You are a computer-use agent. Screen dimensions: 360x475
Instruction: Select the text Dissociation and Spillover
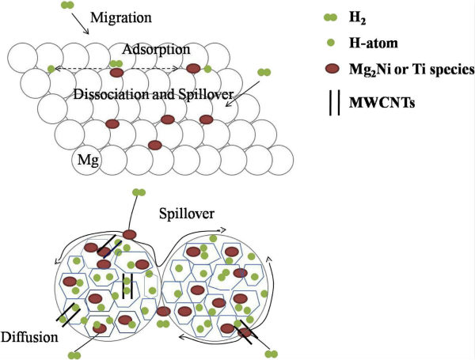click(x=152, y=93)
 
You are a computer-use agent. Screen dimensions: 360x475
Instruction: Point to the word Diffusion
click(x=29, y=337)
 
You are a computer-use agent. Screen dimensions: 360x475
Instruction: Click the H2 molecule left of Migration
click(x=68, y=6)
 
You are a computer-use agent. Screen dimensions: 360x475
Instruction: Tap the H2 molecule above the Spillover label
click(x=139, y=191)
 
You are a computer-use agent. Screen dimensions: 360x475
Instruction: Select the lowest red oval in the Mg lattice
click(x=155, y=145)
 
